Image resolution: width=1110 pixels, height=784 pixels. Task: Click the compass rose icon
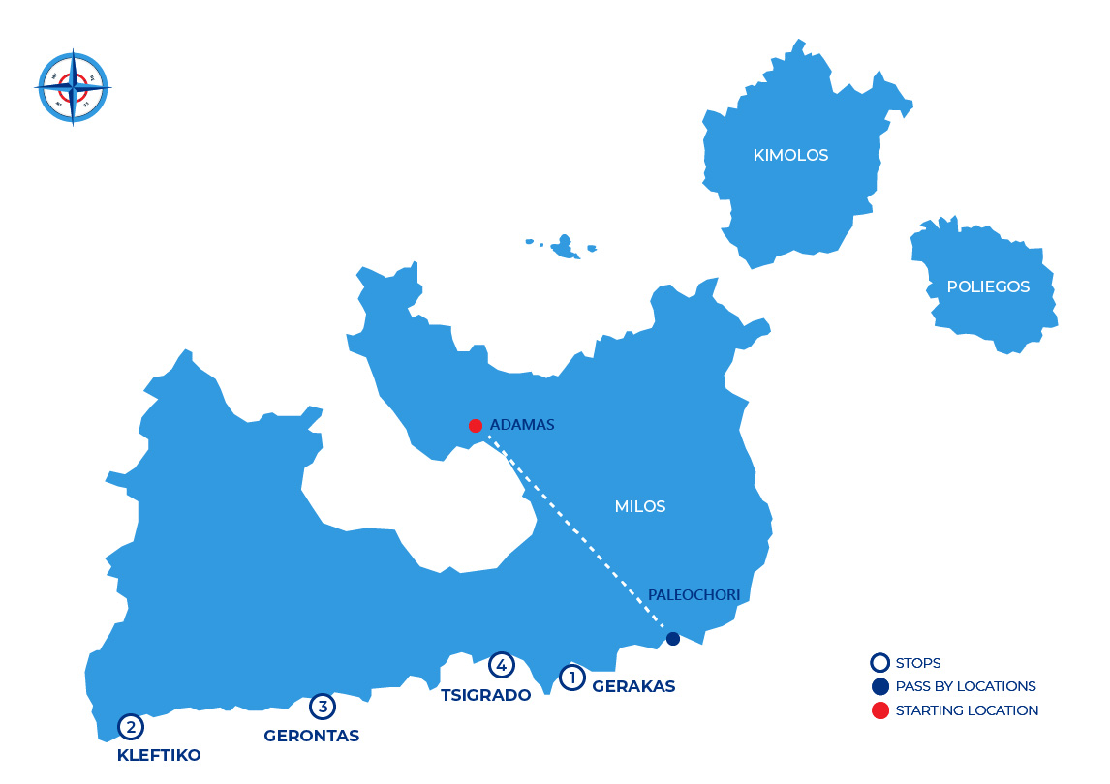coord(73,87)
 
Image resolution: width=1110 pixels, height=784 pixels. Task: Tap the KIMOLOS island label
coord(790,155)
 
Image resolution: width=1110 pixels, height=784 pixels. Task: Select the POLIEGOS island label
coord(988,286)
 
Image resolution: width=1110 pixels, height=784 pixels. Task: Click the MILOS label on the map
coord(640,506)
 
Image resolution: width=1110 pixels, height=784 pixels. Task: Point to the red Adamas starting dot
coord(475,426)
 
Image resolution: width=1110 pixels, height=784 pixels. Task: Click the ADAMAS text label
coord(522,425)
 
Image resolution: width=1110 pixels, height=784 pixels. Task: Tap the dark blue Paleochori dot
coord(673,639)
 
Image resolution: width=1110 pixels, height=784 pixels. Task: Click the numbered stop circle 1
coord(572,678)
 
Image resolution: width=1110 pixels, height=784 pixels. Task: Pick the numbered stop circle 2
coord(131,726)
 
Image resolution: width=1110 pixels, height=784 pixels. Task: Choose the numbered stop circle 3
coord(323,708)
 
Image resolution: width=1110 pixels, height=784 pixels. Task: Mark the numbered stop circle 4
coord(501,665)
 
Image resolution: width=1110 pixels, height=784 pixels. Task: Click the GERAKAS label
coord(633,686)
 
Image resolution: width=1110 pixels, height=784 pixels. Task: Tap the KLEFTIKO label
coord(159,755)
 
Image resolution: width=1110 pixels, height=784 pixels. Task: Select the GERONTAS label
coord(311,736)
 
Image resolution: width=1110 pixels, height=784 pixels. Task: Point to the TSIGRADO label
coord(486,695)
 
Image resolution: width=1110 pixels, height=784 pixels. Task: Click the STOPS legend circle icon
coord(879,663)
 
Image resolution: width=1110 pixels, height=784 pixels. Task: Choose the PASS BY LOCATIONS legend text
coord(966,686)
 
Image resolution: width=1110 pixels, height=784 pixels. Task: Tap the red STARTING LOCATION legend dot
coord(879,710)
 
